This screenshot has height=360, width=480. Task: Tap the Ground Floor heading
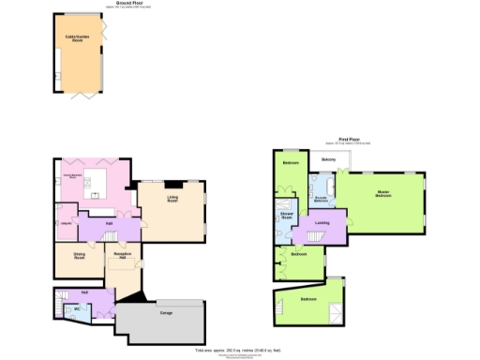129,4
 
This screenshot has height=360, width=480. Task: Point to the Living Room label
173,199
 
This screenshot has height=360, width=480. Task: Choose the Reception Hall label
121,255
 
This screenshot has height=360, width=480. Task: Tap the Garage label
166,312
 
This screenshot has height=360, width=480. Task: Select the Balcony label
328,160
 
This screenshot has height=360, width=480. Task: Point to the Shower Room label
286,217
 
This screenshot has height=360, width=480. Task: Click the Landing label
322,222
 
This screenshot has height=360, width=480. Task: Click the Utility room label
67,222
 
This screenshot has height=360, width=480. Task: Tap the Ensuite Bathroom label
321,200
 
